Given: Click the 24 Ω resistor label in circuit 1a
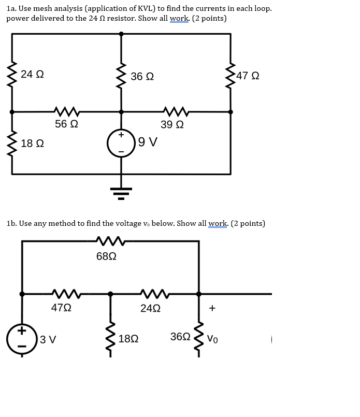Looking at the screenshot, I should [32, 75].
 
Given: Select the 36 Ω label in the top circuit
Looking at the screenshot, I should [142, 77].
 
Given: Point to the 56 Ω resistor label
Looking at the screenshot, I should [66, 124].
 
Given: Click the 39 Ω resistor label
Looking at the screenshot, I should [172, 125].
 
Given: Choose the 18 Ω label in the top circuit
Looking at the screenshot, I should [32, 143].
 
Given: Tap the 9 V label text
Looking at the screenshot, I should [148, 142].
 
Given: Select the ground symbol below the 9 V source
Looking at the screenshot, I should [121, 193].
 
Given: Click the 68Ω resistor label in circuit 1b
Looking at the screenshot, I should [106, 256].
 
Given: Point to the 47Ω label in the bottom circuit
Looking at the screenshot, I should [61, 308].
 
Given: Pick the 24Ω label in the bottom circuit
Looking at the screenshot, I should [150, 308].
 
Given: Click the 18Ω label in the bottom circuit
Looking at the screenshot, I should [128, 339].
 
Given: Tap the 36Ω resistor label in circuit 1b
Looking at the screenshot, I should [180, 337].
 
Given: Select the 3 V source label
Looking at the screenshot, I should [48, 340].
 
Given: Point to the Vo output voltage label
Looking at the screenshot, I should [212, 339].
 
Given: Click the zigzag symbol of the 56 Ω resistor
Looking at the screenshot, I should [66, 111].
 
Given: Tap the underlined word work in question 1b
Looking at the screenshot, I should [218, 224].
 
